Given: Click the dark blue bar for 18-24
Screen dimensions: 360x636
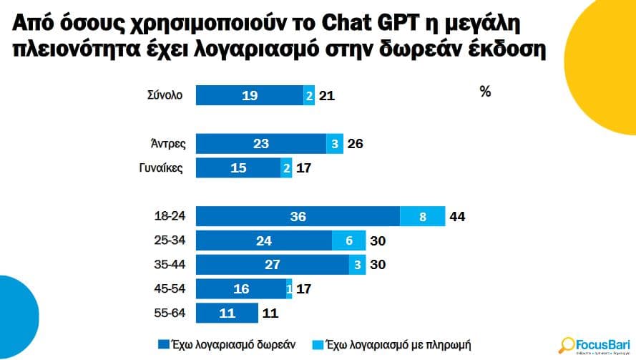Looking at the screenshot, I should coord(298,216).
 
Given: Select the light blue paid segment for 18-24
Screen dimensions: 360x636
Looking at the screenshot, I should coord(422,216).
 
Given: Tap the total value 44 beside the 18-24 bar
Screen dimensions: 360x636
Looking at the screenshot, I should coord(456,216).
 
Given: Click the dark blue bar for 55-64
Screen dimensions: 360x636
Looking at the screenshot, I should coord(227,313).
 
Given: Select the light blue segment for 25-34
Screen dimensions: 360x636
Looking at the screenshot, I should coord(349,240).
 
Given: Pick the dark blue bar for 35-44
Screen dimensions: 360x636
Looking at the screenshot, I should coord(272,264).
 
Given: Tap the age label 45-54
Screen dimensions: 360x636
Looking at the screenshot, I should coord(170,288).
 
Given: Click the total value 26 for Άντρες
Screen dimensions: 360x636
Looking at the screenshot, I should coord(355,144).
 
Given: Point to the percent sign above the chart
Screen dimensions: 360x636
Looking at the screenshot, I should coord(485,92).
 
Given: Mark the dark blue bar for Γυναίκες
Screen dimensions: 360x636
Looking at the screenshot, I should coord(238,168).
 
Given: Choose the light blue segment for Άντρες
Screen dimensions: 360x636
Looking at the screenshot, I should coord(335,144).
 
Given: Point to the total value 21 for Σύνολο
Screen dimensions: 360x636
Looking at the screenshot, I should coord(327,94).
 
